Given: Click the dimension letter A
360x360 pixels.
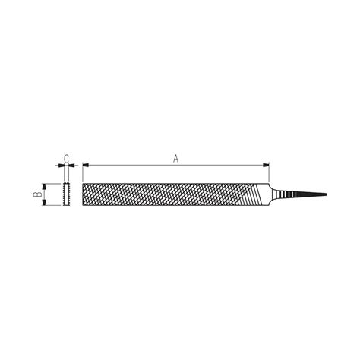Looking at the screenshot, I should click(x=175, y=158).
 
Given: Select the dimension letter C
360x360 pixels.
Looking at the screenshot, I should click(x=66, y=158).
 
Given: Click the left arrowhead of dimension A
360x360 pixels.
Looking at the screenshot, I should click(x=85, y=165).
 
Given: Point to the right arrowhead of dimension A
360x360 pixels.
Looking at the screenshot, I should click(x=267, y=165).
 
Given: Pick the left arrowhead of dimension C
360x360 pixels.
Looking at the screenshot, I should click(x=60, y=165).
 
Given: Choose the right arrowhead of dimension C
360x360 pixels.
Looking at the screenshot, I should click(x=72, y=165).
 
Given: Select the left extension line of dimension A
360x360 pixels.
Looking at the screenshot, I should click(x=82, y=173).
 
